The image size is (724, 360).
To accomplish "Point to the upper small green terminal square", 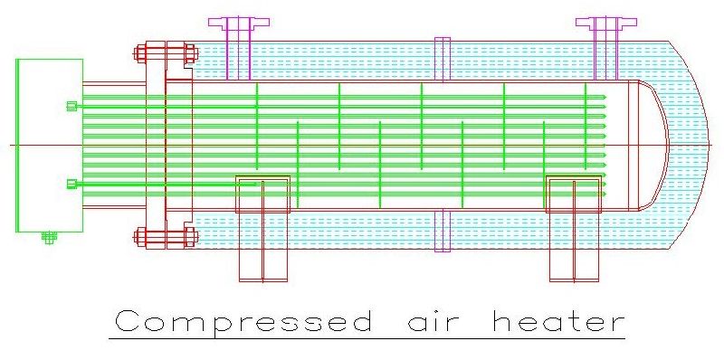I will tap(71, 106).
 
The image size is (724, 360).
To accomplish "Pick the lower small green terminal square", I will tap(71, 185).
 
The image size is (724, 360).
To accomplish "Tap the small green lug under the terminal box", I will tap(49, 238).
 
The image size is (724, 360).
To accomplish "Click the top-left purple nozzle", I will tap(238, 36).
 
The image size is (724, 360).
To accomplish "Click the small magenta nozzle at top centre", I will tap(442, 59).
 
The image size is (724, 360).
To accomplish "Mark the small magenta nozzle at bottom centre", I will tap(442, 231).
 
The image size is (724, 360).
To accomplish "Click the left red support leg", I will tap(262, 240).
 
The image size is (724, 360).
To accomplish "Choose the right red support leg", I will tap(574, 240).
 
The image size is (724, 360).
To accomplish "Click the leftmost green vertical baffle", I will tap(256, 127).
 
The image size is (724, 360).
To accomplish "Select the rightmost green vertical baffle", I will tap(586, 127).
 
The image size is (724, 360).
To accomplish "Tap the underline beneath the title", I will tap(367, 339).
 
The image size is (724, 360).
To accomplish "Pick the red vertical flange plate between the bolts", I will tap(155, 145).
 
